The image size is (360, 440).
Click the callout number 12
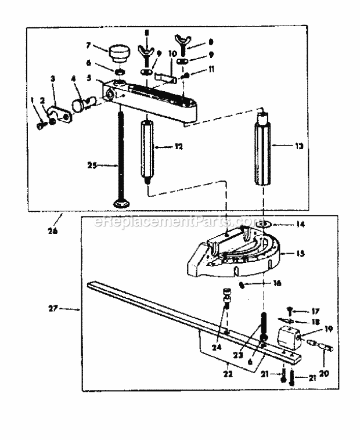tap(178, 147)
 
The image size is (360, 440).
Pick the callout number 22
tap(228, 374)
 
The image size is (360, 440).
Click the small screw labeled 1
tap(39, 124)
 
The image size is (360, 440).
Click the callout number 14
tap(300, 223)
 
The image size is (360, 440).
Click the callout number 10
tap(172, 53)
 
